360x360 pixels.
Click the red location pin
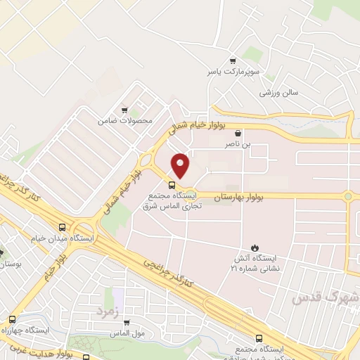click(x=181, y=164)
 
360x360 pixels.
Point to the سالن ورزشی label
click(x=279, y=92)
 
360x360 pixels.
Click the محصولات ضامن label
click(x=124, y=120)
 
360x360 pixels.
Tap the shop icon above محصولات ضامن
click(x=124, y=110)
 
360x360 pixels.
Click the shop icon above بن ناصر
click(x=238, y=133)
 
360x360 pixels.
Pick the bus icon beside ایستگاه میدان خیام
click(x=63, y=228)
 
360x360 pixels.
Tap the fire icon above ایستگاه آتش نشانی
click(x=255, y=247)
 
